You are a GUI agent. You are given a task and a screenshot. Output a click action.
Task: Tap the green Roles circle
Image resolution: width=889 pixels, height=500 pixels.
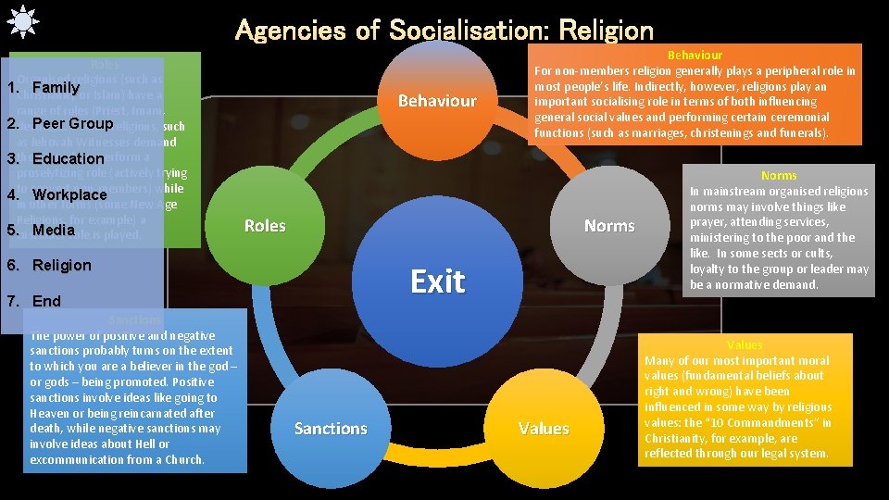[x=265, y=226]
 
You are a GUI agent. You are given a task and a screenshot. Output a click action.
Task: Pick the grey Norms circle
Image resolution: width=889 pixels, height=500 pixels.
[x=609, y=226]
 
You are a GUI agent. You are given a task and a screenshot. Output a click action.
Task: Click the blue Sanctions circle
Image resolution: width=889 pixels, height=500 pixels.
[x=331, y=429]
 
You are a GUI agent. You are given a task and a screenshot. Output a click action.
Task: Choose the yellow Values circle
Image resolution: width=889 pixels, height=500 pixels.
[x=544, y=429]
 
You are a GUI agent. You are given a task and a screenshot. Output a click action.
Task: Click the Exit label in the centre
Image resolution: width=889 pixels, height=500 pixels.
[x=437, y=281]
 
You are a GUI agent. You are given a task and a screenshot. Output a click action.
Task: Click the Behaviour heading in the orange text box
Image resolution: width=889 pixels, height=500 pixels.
[x=695, y=56]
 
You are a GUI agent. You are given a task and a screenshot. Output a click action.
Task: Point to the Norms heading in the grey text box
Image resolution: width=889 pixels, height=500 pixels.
[x=779, y=175]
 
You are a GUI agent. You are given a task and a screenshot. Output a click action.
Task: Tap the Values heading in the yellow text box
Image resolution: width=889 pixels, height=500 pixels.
[x=745, y=344]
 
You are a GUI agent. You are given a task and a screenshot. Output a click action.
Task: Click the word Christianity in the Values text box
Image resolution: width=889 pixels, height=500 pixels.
[x=680, y=438]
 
